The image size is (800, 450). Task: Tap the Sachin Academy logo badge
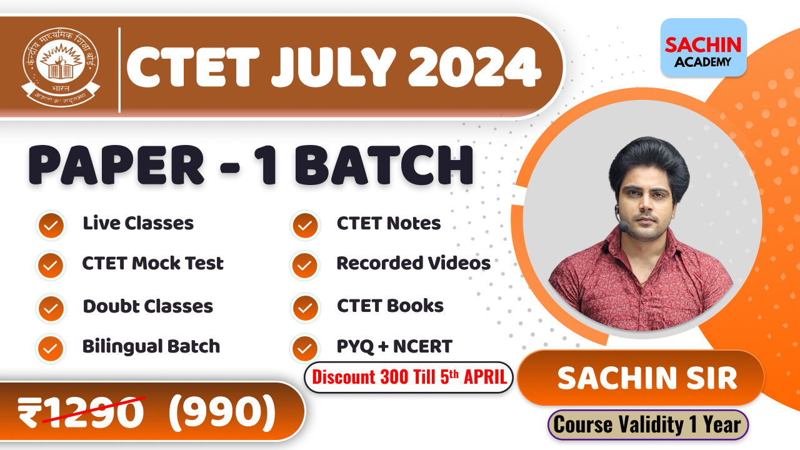click(x=703, y=48)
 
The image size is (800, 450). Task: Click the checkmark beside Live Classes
click(x=51, y=225)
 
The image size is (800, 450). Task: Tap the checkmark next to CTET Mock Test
click(x=51, y=266)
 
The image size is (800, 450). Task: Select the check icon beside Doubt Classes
click(x=51, y=308)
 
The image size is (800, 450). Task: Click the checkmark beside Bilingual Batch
click(x=51, y=347)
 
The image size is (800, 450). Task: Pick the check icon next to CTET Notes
click(x=305, y=225)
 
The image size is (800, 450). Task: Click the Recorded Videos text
click(x=413, y=263)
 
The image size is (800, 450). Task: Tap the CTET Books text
click(x=390, y=306)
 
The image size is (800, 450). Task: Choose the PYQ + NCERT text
click(x=394, y=346)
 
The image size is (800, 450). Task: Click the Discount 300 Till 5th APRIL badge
click(x=409, y=377)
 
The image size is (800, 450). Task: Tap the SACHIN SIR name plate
click(x=647, y=378)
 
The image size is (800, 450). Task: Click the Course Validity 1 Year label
click(x=647, y=425)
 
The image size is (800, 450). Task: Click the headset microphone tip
click(x=622, y=223)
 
